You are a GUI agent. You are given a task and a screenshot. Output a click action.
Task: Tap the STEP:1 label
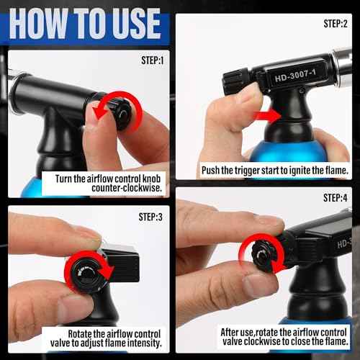(153, 60)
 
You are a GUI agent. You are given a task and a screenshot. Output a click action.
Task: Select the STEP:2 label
(336, 24)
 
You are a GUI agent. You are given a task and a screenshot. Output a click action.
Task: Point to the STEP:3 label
(150, 217)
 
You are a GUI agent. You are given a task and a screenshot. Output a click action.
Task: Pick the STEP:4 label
(335, 198)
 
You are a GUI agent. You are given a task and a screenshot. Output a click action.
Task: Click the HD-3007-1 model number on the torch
(295, 76)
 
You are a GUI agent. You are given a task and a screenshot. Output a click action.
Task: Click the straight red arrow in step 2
(267, 116)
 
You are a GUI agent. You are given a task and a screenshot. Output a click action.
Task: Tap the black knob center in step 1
(124, 114)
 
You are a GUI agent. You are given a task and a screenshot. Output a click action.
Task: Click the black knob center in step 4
(261, 256)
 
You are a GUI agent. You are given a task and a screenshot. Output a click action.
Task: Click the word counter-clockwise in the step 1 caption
(127, 188)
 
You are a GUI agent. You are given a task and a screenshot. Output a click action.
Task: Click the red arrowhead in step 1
(99, 113)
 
